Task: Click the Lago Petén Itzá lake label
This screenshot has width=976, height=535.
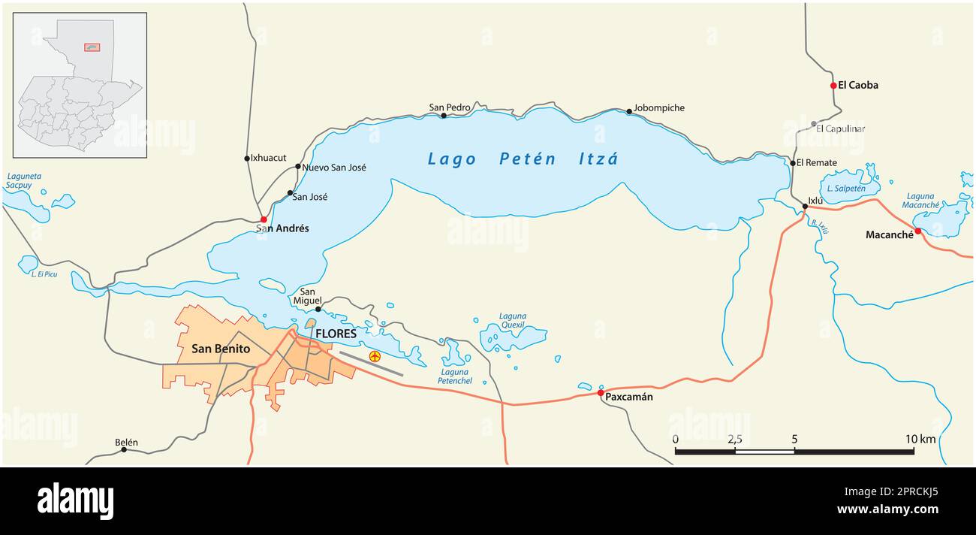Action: click(523, 159)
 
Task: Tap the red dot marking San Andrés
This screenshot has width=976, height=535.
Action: click(264, 219)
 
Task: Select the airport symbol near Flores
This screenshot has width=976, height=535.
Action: click(375, 356)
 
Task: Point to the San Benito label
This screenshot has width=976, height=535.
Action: click(221, 349)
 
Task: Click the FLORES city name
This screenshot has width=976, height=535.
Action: click(336, 333)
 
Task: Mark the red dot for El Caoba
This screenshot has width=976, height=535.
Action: click(833, 86)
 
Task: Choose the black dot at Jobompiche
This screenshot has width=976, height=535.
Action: click(629, 112)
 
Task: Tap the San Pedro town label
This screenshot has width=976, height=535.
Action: click(449, 107)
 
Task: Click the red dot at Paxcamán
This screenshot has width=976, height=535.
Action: click(601, 392)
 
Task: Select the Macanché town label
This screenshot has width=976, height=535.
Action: click(889, 235)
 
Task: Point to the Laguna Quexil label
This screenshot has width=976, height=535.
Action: click(512, 321)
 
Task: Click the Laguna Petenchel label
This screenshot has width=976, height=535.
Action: click(456, 376)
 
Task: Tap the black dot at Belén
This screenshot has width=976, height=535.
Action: click(124, 449)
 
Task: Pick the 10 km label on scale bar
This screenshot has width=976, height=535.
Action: click(920, 439)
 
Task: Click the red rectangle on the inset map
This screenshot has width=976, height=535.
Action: click(92, 47)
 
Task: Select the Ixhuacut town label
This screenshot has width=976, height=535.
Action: click(269, 158)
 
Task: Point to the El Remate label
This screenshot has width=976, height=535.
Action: click(816, 162)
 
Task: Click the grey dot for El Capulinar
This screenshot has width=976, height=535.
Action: click(814, 124)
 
